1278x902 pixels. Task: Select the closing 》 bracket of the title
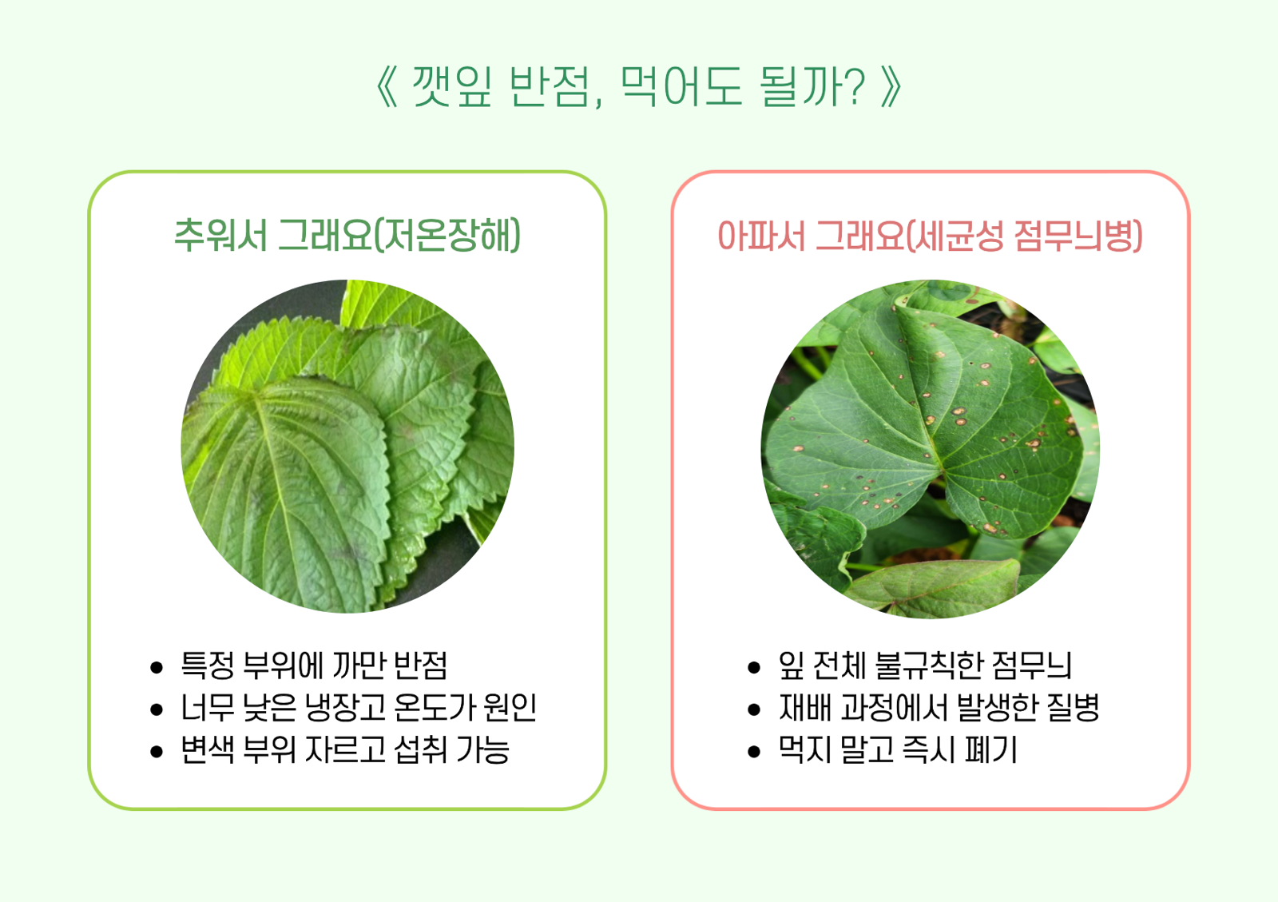pyautogui.click(x=891, y=86)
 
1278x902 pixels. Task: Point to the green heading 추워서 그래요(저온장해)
pyautogui.click(x=347, y=235)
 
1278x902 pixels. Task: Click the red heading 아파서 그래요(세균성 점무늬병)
pyautogui.click(x=930, y=235)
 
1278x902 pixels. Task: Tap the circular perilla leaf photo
pyautogui.click(x=347, y=446)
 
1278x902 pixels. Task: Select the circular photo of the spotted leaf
pyautogui.click(x=930, y=448)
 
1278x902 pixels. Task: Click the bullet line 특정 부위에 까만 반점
pyautogui.click(x=314, y=665)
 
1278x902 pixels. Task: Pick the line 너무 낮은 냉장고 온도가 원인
pyautogui.click(x=359, y=707)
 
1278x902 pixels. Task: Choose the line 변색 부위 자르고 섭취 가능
pyautogui.click(x=344, y=749)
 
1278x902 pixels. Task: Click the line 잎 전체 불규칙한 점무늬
pyautogui.click(x=925, y=665)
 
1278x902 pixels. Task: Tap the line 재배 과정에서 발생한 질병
pyautogui.click(x=939, y=707)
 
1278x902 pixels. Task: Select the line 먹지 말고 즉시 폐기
pyautogui.click(x=898, y=749)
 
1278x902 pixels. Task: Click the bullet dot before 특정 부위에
pyautogui.click(x=157, y=667)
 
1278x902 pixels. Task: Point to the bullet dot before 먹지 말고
pyautogui.click(x=753, y=752)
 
